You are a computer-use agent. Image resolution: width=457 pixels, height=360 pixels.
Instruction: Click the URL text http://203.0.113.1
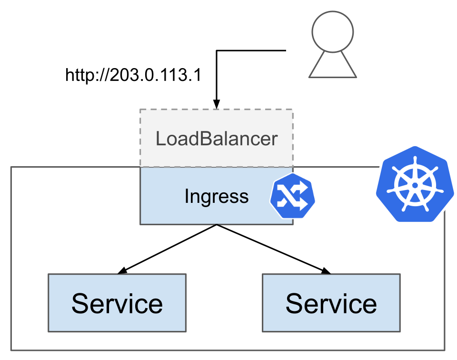click(x=133, y=75)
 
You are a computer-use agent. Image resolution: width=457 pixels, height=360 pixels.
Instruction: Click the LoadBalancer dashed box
click(x=217, y=138)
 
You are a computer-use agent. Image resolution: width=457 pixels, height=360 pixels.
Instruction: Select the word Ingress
click(x=217, y=197)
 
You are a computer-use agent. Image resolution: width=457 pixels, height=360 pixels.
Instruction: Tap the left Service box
click(x=117, y=303)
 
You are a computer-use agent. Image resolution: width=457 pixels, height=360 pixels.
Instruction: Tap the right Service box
click(x=331, y=303)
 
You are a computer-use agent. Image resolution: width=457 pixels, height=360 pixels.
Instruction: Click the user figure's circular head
click(x=333, y=32)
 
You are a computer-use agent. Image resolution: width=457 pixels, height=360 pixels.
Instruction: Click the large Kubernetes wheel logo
click(x=415, y=184)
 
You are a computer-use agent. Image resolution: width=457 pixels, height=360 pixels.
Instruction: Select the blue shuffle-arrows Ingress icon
click(x=292, y=196)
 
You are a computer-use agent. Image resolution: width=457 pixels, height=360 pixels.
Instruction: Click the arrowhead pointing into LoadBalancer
click(x=217, y=104)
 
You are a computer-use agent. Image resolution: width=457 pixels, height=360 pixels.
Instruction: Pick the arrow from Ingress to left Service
click(x=167, y=249)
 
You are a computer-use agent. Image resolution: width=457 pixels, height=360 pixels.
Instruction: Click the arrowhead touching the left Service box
click(x=122, y=271)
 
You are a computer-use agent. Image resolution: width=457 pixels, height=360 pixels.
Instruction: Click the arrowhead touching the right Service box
click(x=326, y=271)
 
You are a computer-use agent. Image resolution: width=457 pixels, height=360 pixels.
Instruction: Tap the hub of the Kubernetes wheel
click(x=415, y=185)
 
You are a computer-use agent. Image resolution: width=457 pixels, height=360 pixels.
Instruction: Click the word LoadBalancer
click(x=217, y=139)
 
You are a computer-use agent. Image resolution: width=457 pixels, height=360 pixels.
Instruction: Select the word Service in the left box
click(x=117, y=303)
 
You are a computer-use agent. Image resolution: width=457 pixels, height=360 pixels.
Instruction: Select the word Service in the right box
click(x=331, y=303)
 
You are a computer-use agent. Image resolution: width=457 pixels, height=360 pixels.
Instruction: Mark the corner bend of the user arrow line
click(x=217, y=51)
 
